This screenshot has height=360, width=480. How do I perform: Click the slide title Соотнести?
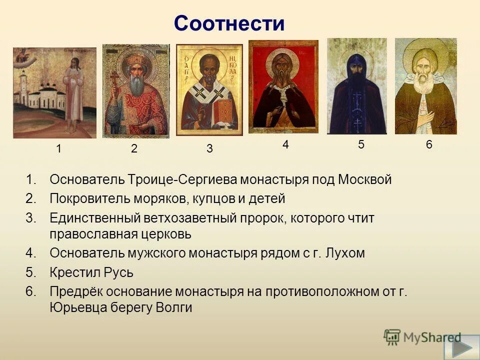[229, 23]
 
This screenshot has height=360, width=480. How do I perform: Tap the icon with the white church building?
[54, 92]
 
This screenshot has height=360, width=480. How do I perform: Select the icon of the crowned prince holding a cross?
[135, 91]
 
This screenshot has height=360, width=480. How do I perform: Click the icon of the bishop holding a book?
[209, 90]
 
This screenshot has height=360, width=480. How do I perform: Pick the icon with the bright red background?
[283, 86]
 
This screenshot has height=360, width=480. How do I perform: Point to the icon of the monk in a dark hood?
[356, 86]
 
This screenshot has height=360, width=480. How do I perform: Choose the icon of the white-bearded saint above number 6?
[425, 86]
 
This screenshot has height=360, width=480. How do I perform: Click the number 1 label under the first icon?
[59, 148]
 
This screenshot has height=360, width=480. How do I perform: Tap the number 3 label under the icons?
[209, 148]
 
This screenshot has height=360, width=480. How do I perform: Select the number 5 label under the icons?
[361, 144]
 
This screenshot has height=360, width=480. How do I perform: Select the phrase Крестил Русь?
[91, 273]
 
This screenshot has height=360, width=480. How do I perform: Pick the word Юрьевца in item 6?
[75, 307]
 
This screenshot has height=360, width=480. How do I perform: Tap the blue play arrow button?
[466, 348]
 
